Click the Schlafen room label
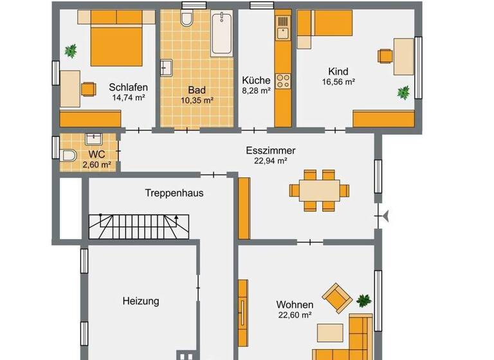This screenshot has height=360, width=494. coord(129,87)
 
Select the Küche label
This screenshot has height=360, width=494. coord(256,80)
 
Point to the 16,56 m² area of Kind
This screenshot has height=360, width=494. coord(339,82)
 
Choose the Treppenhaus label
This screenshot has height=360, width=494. coord(174,192)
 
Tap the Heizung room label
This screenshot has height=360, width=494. coord(140,300)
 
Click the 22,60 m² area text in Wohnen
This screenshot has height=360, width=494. coord(295,314)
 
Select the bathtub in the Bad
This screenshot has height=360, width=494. coord(221,34)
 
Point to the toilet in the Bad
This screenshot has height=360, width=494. coord(187,19)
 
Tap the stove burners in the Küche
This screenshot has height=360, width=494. coord(282,81)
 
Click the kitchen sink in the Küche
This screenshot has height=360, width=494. coord(282,27)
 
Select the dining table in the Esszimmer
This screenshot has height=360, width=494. coord(320,190)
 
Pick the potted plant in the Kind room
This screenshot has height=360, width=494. coord(403,93)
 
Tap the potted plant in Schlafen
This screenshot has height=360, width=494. coord(71,50)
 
